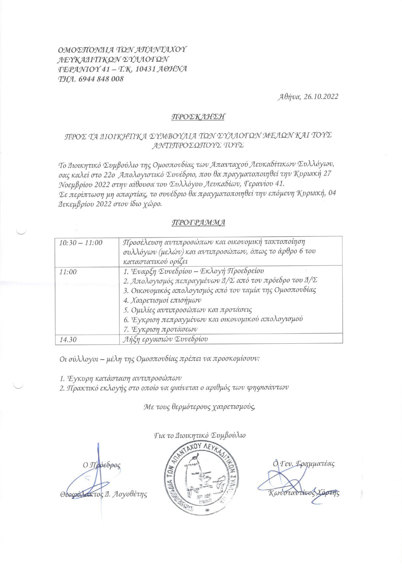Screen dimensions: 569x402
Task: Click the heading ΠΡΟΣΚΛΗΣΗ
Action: (198, 117)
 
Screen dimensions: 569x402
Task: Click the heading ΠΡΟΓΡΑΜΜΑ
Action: (198, 222)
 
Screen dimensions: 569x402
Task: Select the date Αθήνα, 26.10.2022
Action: (308, 97)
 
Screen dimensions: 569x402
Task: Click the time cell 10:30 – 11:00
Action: (81, 243)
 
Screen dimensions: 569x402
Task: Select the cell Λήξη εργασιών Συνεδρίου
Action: (166, 339)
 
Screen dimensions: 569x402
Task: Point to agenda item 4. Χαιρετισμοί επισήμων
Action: (162, 300)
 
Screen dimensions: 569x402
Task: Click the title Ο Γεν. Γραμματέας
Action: (303, 463)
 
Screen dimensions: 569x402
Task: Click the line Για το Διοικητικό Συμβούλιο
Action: (200, 435)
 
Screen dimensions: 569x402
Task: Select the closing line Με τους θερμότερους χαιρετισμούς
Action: (199, 407)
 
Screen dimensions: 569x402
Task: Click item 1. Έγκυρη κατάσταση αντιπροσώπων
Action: (120, 378)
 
